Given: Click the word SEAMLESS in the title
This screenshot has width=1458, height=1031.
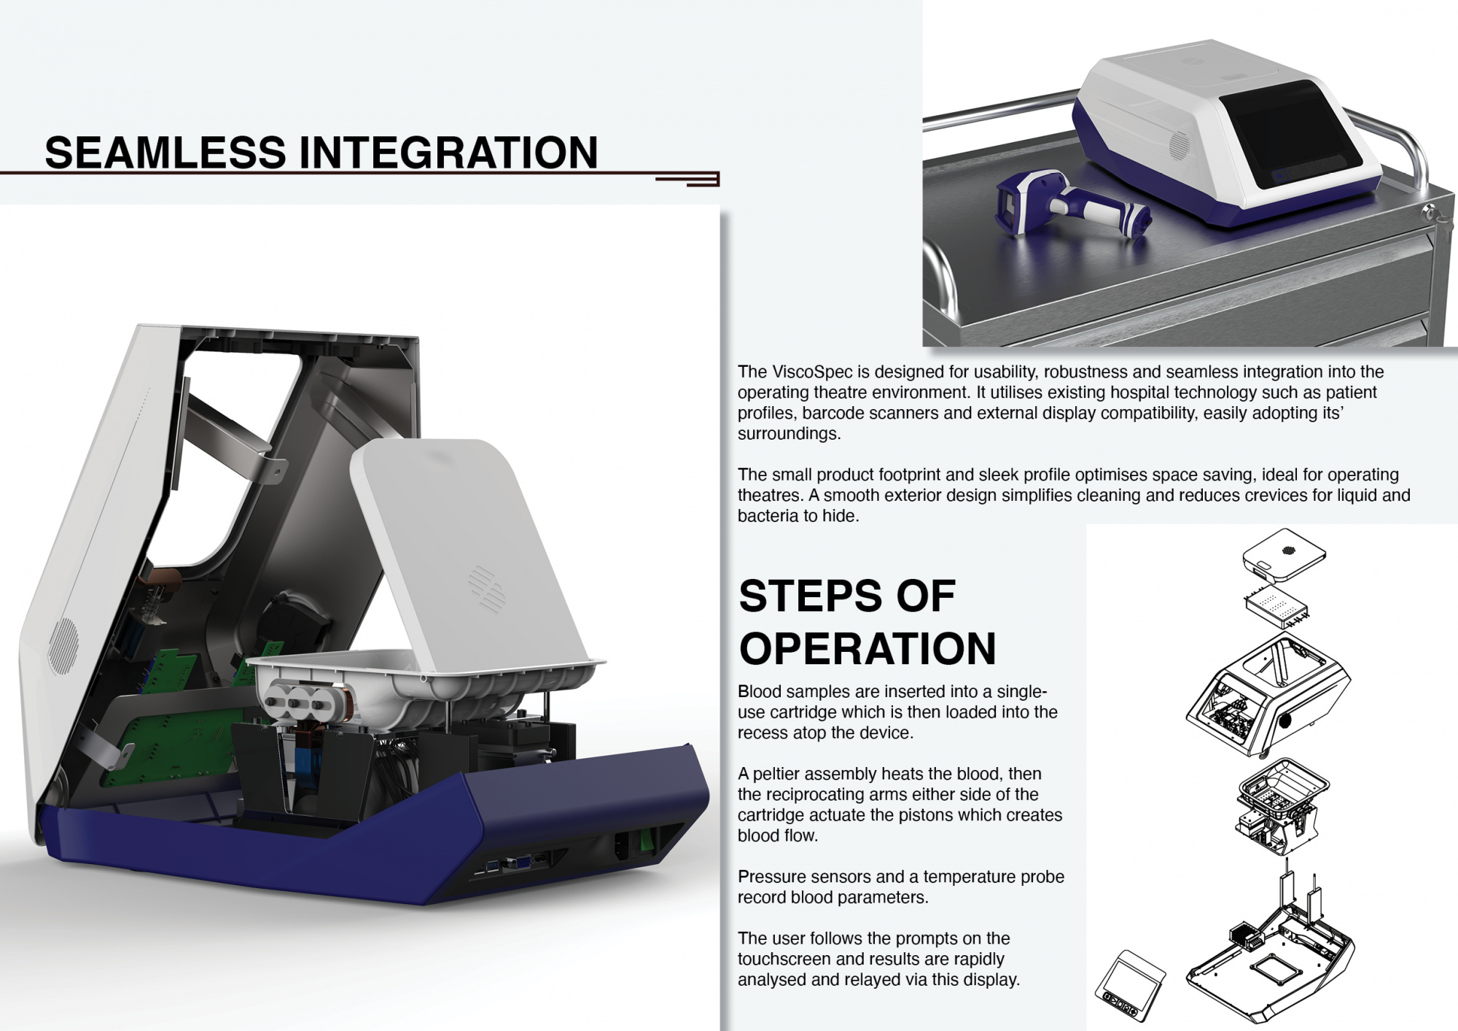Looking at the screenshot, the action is pos(165,152).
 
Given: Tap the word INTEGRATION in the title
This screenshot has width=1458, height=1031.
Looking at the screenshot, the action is pos(448,152).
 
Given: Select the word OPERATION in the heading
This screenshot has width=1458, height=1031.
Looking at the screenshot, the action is pos(868,648).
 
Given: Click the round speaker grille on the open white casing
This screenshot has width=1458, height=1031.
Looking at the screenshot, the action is pos(63,646).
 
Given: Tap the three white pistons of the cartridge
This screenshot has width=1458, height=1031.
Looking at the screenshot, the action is pos(297,700).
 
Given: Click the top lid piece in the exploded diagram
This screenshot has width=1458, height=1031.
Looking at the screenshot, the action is pos(1284,554).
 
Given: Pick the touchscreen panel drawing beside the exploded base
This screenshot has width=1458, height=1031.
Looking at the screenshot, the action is pos(1130,986).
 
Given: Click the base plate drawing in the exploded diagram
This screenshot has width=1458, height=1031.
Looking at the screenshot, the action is pos(1270,962).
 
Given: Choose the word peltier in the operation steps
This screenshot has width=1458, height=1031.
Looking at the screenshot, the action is pos(777,774).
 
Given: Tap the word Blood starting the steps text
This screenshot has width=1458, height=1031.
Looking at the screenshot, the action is pos(760,691).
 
